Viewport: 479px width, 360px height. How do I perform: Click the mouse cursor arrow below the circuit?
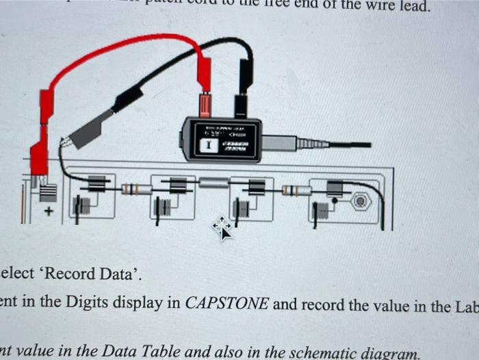[x=223, y=229]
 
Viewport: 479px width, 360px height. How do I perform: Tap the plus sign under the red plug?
[x=49, y=211]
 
